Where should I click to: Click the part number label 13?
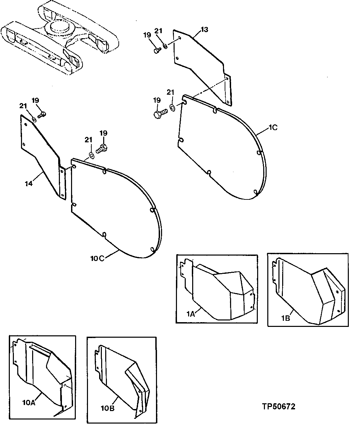pos(204,30)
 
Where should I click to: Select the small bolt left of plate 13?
pos(157,50)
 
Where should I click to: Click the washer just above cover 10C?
pos(91,156)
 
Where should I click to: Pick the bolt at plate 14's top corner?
pos(41,115)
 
